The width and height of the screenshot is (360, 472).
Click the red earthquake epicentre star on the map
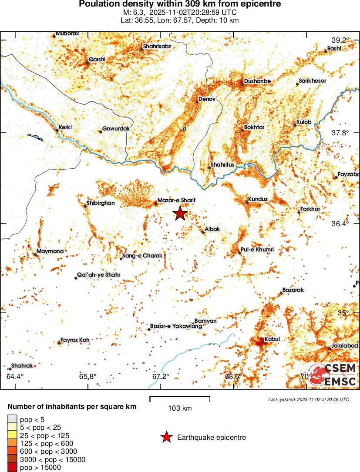179,214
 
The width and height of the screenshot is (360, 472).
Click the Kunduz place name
258,199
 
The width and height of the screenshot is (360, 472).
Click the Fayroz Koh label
75,340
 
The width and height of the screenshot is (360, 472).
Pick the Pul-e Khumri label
257,250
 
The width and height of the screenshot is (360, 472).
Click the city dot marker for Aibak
203,232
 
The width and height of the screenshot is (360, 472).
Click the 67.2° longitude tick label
160,376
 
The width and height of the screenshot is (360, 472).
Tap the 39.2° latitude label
340,40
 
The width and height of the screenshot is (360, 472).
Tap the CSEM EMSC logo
333,375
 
